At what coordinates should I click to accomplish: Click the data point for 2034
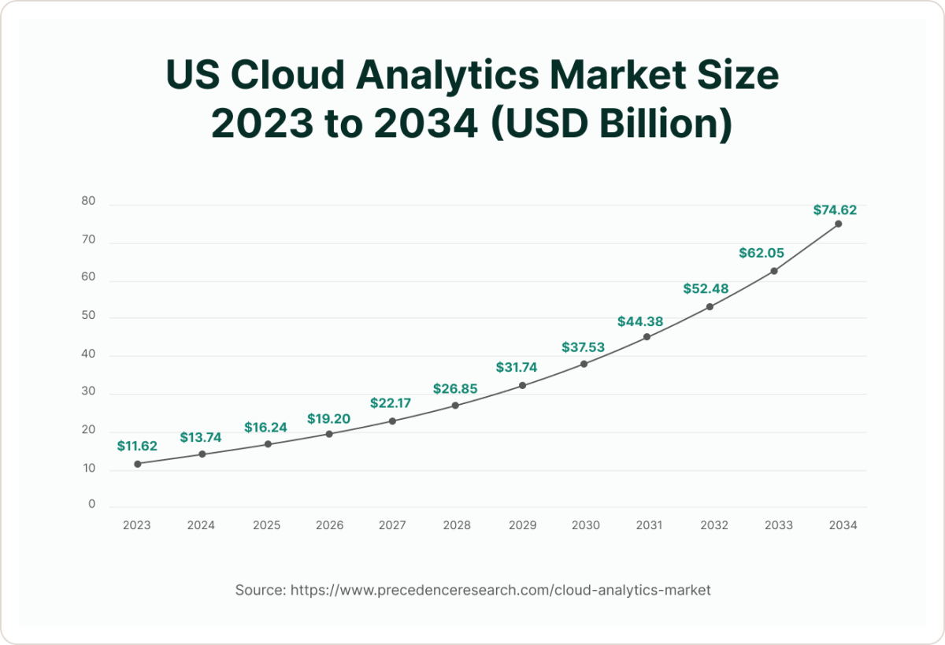click(838, 224)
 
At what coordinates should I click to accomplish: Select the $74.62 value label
click(835, 210)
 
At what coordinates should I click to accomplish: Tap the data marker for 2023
click(138, 464)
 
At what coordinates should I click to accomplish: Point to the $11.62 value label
click(137, 446)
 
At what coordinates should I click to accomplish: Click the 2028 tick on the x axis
click(456, 525)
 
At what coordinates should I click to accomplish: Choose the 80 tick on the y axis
click(88, 202)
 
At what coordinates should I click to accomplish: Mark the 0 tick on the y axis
click(91, 504)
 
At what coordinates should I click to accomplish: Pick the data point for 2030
click(584, 364)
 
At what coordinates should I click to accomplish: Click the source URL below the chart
click(501, 590)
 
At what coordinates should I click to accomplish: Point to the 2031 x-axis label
click(649, 525)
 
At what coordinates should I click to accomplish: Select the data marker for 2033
click(774, 271)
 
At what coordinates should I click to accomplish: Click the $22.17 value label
click(392, 403)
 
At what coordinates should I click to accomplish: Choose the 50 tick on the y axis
click(88, 315)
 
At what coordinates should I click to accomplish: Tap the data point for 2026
click(329, 434)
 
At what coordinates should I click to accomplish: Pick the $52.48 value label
click(706, 289)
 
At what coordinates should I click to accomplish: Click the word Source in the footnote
click(259, 590)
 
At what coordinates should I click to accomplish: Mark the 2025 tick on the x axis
click(267, 525)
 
